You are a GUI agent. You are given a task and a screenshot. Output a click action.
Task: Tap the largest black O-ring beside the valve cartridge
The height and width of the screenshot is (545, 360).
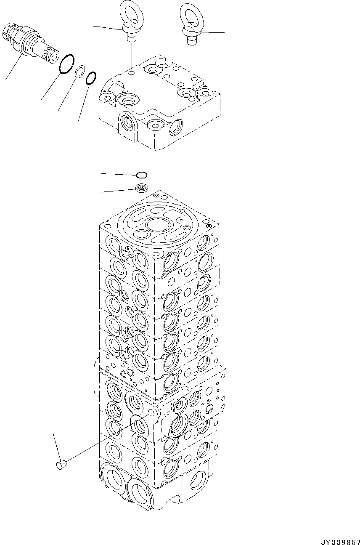click(67, 64)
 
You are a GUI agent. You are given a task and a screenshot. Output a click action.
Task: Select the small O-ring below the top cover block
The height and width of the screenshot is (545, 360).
click(142, 175)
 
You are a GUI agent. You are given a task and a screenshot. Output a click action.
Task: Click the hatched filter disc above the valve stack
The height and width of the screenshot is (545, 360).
click(142, 188)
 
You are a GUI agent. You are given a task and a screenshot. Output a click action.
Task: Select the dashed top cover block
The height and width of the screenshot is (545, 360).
click(160, 105)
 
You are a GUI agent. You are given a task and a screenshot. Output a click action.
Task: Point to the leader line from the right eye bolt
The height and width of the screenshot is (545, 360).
click(217, 32)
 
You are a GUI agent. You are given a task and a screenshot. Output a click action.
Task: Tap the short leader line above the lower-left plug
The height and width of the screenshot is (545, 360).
click(56, 446)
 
